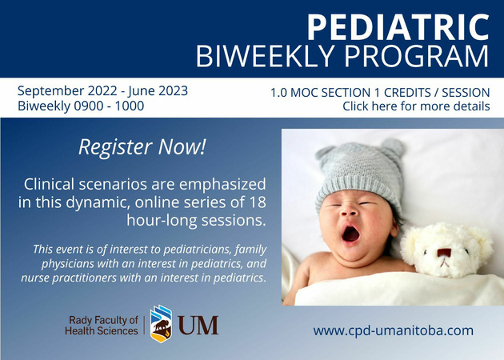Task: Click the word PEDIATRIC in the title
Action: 398,27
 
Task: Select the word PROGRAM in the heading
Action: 417,56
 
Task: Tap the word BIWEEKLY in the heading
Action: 267,56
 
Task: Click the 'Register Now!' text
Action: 142,147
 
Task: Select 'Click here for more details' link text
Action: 416,106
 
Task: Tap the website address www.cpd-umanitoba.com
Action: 393,330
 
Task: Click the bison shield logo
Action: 161,324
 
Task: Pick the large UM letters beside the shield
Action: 198,326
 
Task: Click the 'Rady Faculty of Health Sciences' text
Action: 102,326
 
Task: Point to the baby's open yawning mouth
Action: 350,234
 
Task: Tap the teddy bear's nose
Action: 443,252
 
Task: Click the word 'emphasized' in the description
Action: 222,185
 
